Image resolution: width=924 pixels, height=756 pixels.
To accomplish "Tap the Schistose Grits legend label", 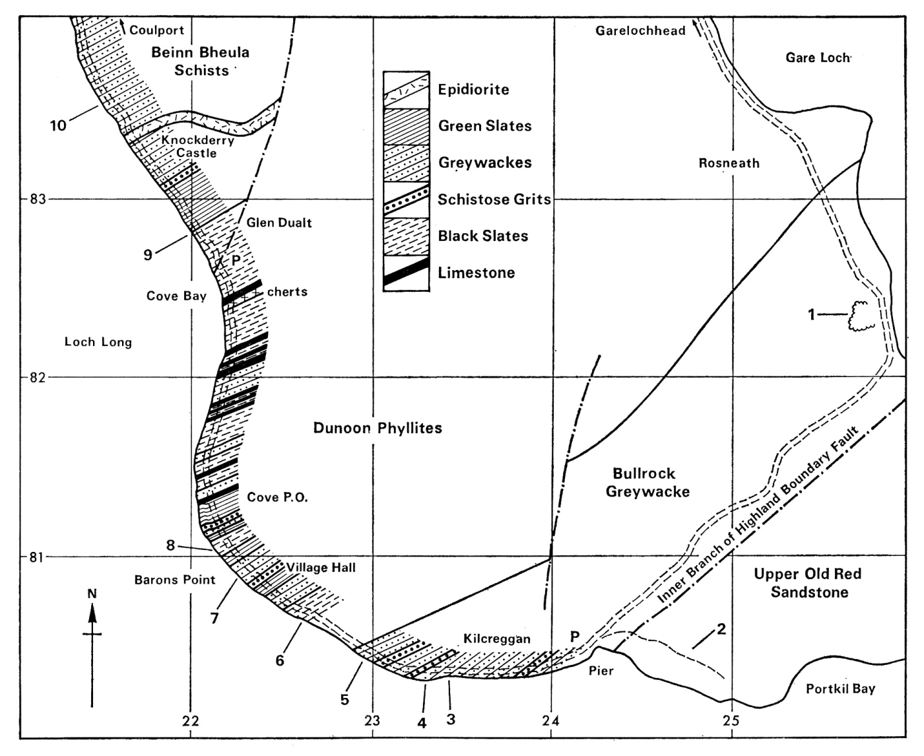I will coord(494,199).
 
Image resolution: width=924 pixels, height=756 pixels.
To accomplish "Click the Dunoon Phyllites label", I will coord(378,428).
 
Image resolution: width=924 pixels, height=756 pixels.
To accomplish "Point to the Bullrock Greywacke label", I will coord(647,483).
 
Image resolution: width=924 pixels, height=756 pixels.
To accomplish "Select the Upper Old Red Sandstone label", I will coord(809,583).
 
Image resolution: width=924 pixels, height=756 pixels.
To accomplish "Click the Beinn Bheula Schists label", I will coord(201,61).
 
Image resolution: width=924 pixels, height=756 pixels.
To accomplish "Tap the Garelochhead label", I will coord(640,31).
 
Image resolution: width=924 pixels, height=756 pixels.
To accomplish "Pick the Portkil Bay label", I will coord(840,689).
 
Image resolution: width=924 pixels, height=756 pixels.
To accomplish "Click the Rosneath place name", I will coord(729,163).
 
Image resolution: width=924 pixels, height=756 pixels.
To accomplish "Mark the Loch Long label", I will coord(98,342).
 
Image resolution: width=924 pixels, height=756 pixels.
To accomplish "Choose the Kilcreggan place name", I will coord(497,639).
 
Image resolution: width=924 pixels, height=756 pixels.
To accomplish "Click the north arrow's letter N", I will coord(92,594).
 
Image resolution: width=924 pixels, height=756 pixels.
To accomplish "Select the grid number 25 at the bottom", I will coord(731,720).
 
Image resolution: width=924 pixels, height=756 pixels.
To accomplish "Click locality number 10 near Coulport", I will coord(58,125).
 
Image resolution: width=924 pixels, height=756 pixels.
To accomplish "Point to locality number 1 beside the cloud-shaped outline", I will coord(812,315).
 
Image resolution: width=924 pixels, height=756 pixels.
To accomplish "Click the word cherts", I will coord(287,292).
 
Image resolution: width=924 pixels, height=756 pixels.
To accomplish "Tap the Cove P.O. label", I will coord(277,497).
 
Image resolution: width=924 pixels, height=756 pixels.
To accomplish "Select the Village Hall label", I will coord(321,567).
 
